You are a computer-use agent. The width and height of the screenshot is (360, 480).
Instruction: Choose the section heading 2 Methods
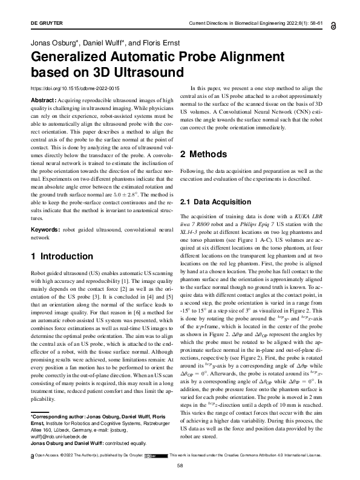click(x=213, y=154)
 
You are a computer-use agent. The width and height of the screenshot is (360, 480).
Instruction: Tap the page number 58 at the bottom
click(x=180, y=466)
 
